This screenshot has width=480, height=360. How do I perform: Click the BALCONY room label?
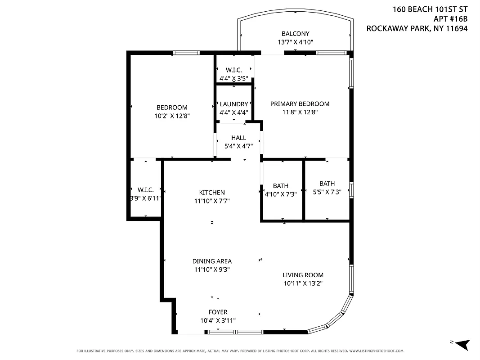295,34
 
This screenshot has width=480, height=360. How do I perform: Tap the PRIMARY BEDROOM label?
300,104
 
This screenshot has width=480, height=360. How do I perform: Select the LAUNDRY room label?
233,104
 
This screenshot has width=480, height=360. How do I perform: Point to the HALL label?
238,138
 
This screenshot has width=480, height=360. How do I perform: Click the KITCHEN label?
212,193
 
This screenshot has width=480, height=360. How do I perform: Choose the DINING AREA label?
212,261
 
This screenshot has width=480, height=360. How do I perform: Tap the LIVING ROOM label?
303,275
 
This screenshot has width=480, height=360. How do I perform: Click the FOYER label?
218,312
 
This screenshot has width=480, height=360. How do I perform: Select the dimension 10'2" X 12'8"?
172,116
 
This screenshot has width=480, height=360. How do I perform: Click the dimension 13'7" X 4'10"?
295,42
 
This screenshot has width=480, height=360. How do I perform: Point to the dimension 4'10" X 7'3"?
281,194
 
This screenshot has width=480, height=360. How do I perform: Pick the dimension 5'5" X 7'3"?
327,192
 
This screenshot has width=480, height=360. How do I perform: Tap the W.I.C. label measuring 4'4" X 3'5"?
233,70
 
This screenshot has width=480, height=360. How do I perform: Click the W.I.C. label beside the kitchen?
146,190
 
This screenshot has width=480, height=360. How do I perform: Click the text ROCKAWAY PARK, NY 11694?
417,28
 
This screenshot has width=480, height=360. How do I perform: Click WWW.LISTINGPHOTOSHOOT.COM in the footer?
376,351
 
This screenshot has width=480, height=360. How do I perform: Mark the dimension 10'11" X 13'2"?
303,283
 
